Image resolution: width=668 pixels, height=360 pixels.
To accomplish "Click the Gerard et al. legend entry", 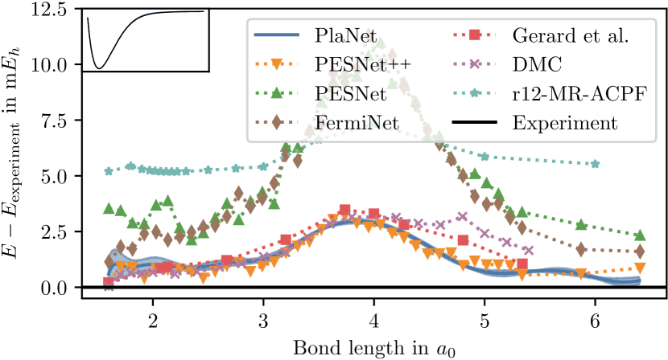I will click(x=571, y=36).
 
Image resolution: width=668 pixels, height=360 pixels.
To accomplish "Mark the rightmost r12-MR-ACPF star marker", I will click(x=596, y=164).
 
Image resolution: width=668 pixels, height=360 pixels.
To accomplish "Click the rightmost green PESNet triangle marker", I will click(x=640, y=235).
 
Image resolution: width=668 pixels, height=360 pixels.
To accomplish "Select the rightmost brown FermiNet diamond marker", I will click(x=640, y=252).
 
